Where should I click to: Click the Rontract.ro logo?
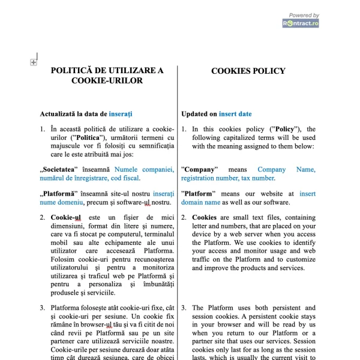point(301,23)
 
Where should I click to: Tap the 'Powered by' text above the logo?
point(304,15)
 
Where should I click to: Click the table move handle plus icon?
point(34,62)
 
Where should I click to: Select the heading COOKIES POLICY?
point(248,71)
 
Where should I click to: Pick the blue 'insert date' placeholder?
point(235,113)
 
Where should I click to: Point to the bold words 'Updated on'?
point(199,113)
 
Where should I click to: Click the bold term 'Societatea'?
point(66,169)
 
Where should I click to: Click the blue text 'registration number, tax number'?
point(227,178)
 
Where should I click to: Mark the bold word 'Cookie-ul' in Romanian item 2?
point(66,217)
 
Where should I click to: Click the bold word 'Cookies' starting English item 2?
point(204,217)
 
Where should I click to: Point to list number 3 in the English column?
point(184,308)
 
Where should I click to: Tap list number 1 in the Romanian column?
point(43,129)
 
